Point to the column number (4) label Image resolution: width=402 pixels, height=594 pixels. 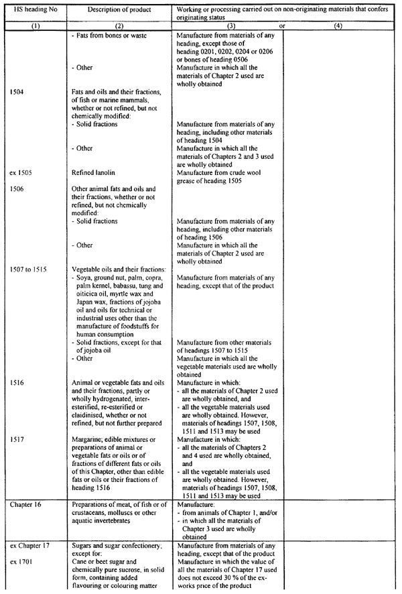tap(338, 26)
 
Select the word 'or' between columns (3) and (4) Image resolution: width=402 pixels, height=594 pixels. tap(282, 26)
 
